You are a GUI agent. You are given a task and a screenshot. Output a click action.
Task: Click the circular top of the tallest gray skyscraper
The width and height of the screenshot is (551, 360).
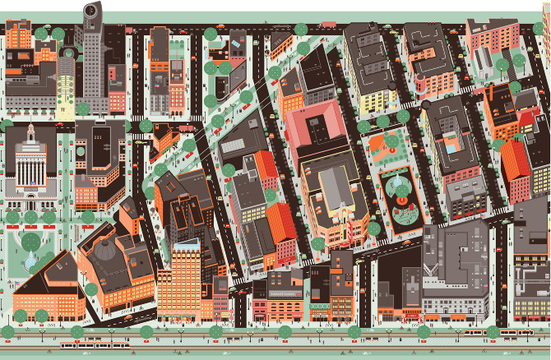click(x=90, y=11)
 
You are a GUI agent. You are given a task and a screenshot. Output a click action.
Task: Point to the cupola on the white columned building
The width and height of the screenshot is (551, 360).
click(x=31, y=132)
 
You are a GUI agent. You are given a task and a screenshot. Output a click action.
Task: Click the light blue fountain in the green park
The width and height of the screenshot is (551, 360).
click(x=30, y=261)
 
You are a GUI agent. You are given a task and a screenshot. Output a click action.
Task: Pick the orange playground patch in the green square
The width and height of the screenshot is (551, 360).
click(x=381, y=149)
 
